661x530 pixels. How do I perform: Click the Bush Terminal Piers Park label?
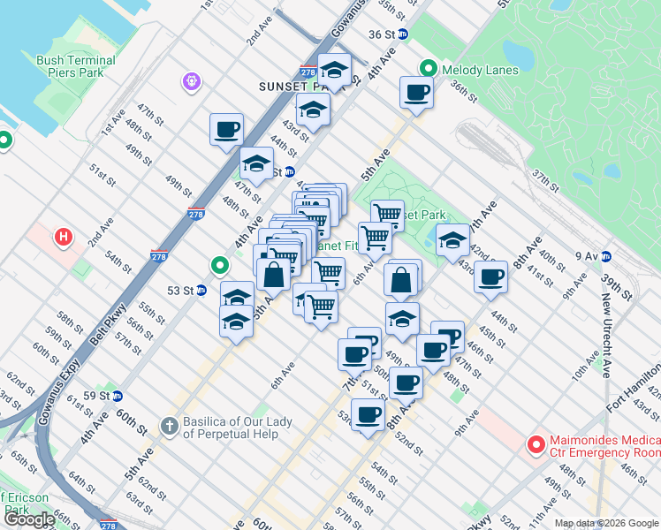pos(76,66)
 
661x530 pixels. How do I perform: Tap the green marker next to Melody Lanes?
pos(429,68)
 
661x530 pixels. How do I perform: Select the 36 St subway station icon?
pos(403,34)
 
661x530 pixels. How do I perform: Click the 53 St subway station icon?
pos(201,290)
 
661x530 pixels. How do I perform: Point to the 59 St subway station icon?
pos(117,395)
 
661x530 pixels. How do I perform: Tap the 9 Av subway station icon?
pos(606,256)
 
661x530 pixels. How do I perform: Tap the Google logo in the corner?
pos(29,520)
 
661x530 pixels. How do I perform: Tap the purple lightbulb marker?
pos(190,82)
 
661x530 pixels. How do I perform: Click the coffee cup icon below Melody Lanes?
pos(416,92)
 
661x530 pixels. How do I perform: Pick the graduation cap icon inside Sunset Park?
pos(452,238)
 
